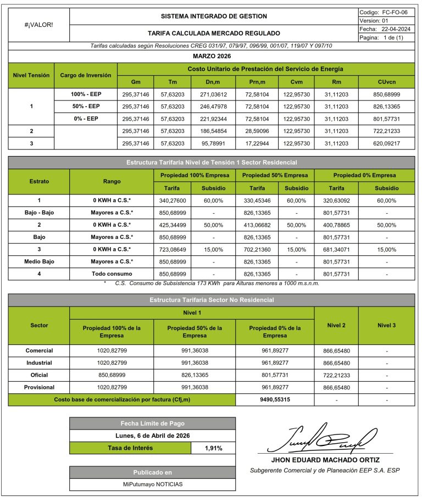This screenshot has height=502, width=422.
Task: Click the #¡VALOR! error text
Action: [x=39, y=25]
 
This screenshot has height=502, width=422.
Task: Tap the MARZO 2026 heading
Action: [x=212, y=56]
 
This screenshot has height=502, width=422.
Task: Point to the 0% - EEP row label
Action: [x=86, y=118]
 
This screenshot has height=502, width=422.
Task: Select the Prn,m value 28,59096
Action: [x=254, y=131]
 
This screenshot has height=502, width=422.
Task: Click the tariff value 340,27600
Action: [x=173, y=200]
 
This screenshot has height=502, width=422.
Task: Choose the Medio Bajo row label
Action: [x=39, y=261]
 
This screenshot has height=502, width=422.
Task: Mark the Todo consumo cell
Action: [x=112, y=273]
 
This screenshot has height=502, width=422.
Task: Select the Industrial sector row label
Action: [x=39, y=362]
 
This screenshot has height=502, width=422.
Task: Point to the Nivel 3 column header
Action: [x=386, y=326]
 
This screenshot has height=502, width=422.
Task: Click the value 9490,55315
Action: [x=275, y=399]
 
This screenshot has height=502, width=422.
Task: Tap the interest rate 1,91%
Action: [x=213, y=448]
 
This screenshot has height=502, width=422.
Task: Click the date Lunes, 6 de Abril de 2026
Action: [x=152, y=436]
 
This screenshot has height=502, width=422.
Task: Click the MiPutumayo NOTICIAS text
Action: [x=152, y=484]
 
